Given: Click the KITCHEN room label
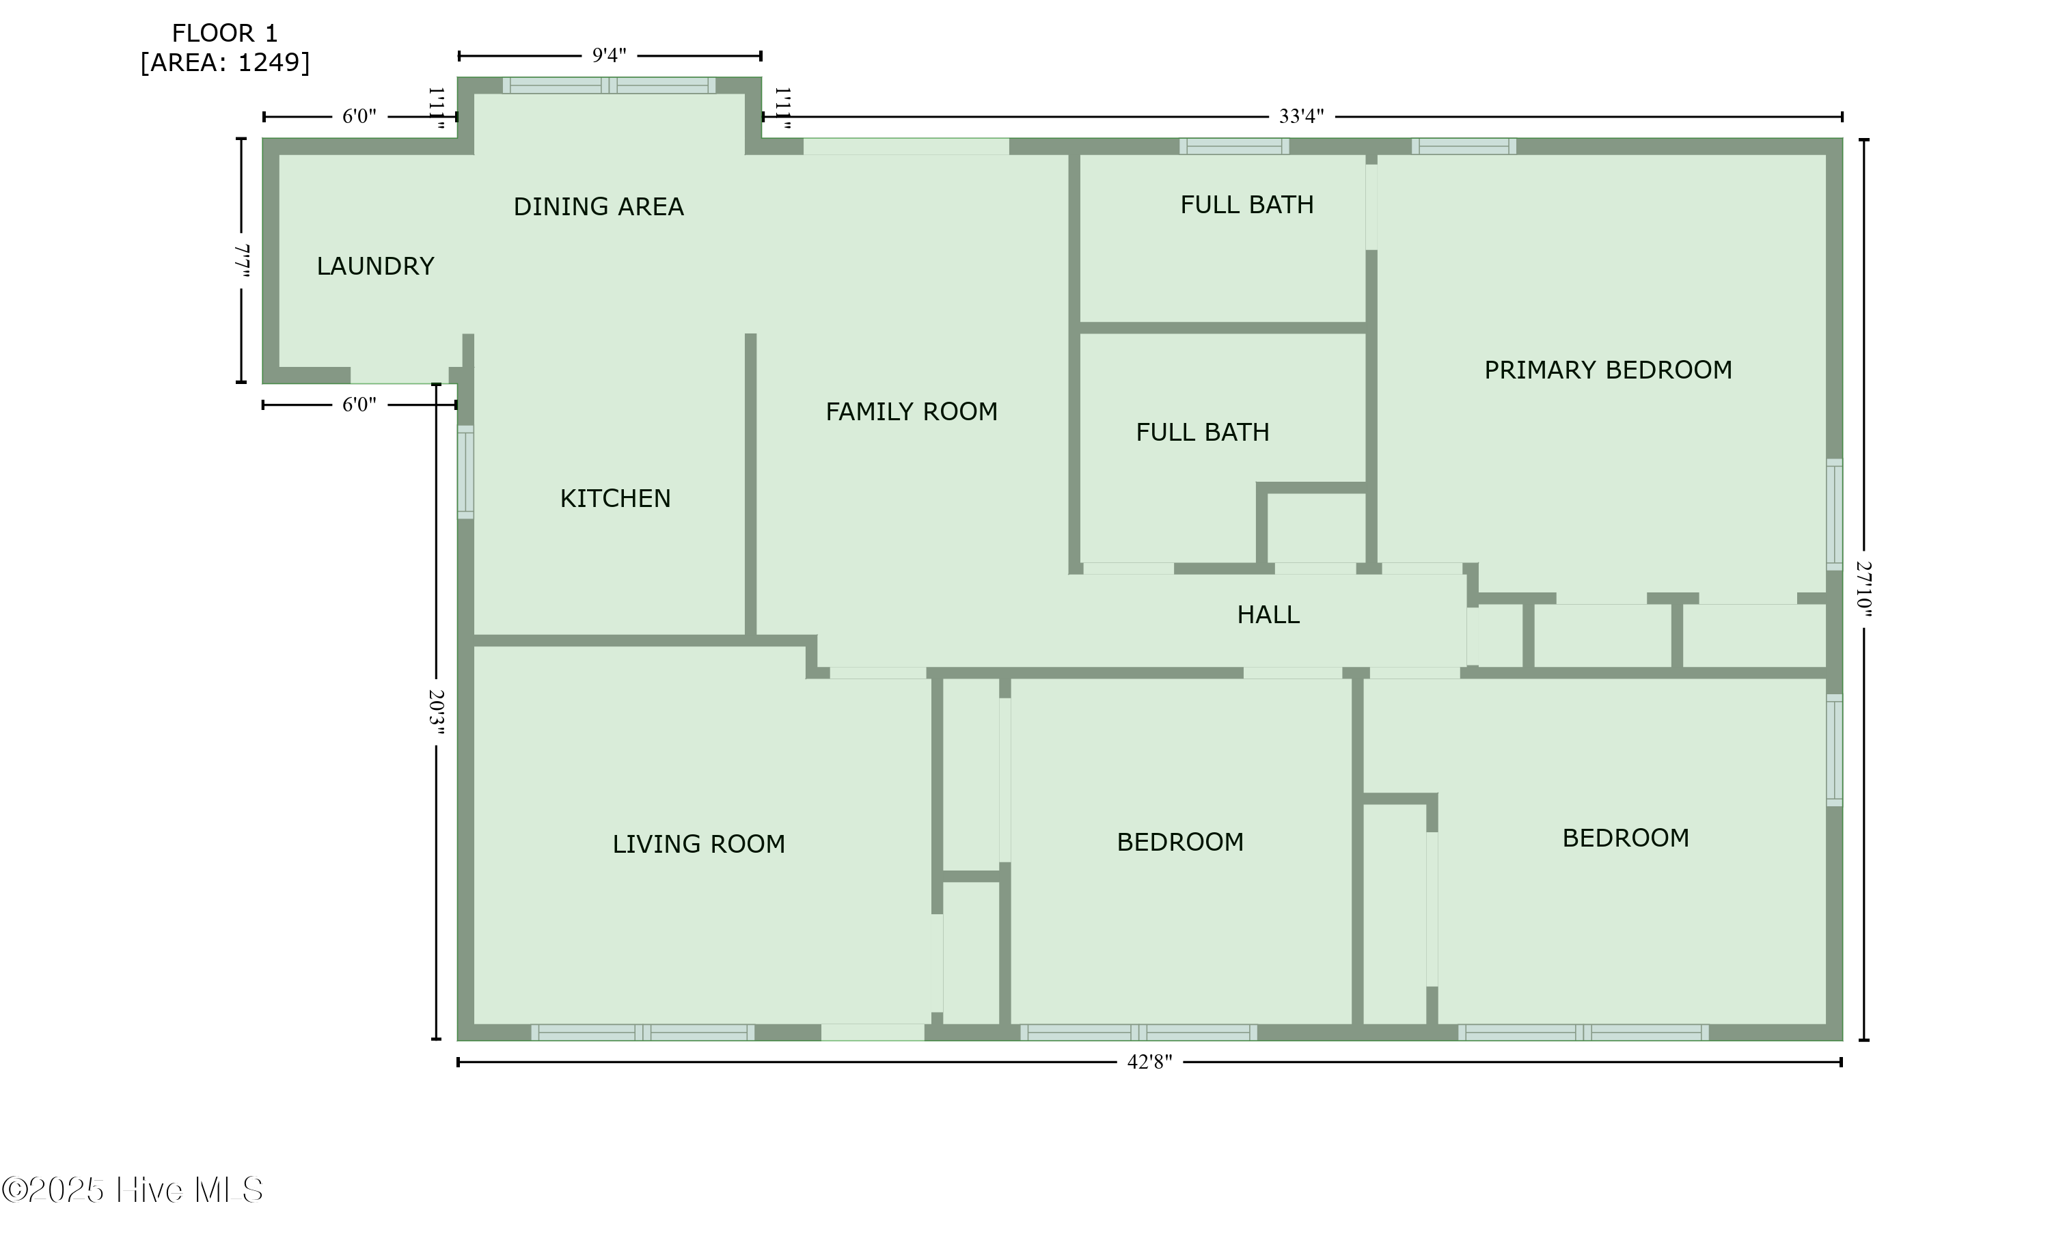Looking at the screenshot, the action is (x=615, y=498).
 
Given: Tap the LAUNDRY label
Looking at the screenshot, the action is (x=375, y=266).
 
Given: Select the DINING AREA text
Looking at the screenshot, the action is (x=598, y=206).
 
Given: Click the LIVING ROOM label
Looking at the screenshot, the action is (x=699, y=844).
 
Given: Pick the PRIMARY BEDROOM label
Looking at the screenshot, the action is (x=1608, y=370).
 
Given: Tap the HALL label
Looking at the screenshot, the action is (x=1268, y=615).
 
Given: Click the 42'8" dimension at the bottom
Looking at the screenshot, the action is (x=1150, y=1062).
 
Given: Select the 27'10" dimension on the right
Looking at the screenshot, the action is (x=1863, y=589).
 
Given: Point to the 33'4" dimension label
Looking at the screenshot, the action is (x=1301, y=116).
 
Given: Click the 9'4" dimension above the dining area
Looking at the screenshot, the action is (x=609, y=56).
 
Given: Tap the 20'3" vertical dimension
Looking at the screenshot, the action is (x=437, y=712).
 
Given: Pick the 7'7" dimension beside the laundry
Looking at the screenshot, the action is (x=242, y=260).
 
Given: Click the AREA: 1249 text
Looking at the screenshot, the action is (x=225, y=62).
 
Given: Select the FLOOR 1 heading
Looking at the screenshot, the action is (x=225, y=33).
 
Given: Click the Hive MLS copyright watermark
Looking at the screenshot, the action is (x=133, y=1190).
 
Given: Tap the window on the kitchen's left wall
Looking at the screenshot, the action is (x=466, y=473).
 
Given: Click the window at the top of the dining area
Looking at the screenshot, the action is (x=609, y=85).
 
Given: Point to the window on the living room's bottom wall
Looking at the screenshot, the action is (x=642, y=1032).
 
